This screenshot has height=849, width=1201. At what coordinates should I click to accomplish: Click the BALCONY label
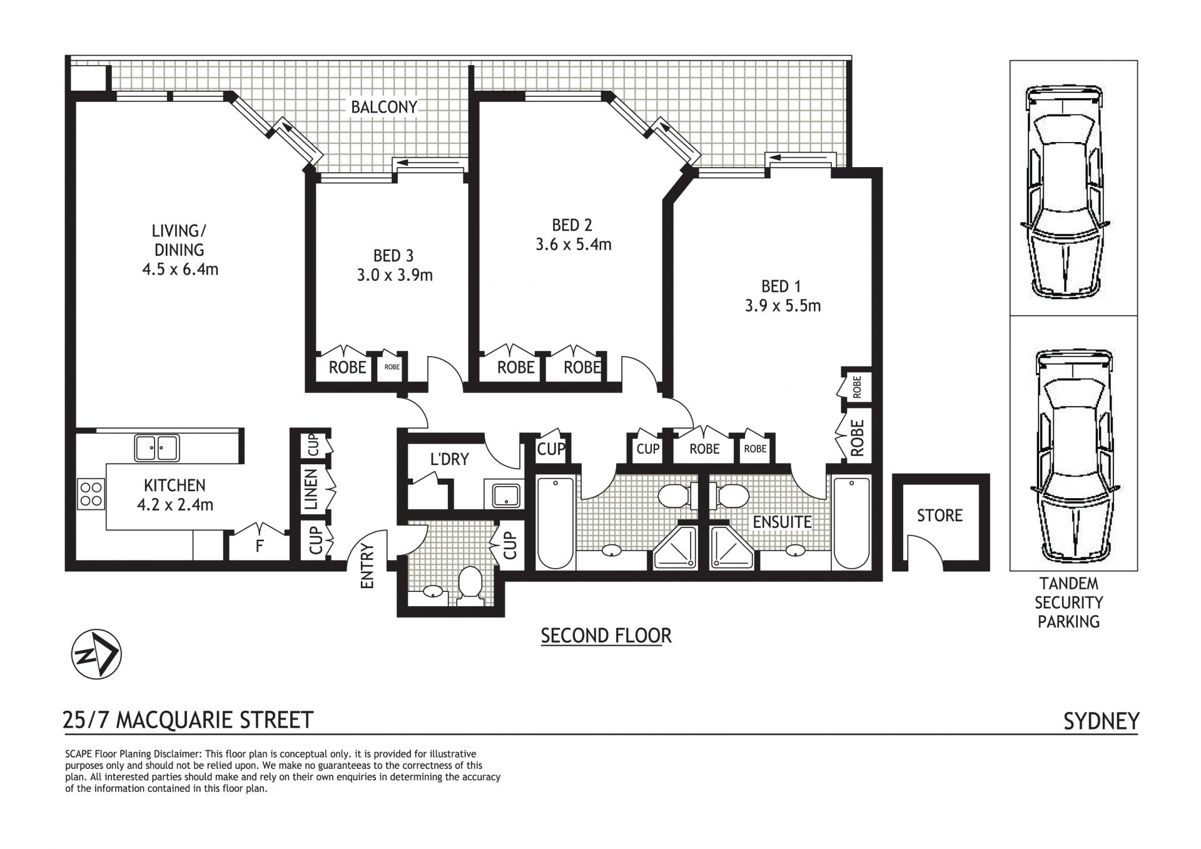383,107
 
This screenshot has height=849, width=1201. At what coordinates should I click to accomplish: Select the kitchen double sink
157,448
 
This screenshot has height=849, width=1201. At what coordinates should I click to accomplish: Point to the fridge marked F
258,546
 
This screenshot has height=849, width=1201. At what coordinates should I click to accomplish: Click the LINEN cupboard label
312,489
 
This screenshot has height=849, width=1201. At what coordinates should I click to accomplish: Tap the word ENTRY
367,566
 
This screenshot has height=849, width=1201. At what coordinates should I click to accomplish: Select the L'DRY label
449,459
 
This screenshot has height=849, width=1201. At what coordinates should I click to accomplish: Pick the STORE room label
940,515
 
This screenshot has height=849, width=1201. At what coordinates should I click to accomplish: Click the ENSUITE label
782,522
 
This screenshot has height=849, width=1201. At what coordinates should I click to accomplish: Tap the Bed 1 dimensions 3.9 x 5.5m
783,306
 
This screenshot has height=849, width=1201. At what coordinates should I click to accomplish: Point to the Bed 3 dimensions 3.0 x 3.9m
395,275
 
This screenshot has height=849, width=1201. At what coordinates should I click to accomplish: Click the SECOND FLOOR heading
606,636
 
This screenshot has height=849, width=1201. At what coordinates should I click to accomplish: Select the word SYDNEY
1101,721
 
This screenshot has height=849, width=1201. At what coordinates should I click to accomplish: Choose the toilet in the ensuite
729,496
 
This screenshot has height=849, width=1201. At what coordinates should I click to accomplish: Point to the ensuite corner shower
732,547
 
